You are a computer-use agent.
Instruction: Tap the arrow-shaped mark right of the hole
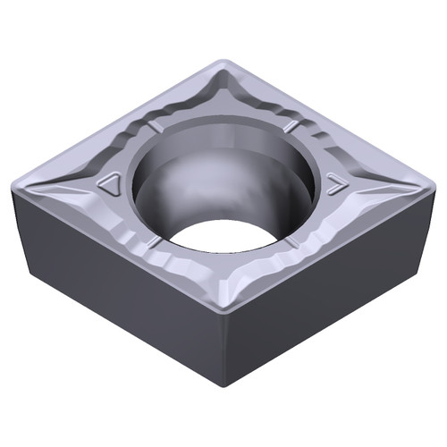335,185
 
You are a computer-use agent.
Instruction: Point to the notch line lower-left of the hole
155,242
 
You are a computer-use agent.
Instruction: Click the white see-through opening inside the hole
223,234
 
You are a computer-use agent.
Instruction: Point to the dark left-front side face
116,286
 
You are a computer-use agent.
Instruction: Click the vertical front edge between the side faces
223,349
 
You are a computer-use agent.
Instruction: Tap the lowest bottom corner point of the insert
223,386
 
